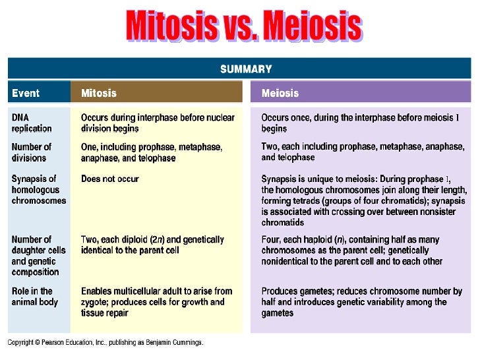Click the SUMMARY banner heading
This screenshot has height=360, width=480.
click(245, 69)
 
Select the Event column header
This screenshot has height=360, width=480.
click(26, 93)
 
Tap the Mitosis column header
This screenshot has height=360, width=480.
click(98, 93)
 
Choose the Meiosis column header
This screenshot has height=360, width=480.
click(280, 93)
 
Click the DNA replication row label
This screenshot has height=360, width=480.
click(32, 123)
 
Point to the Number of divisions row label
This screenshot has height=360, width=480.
click(31, 152)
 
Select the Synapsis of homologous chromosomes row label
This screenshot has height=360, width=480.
click(38, 189)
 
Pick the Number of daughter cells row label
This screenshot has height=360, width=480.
click(35, 256)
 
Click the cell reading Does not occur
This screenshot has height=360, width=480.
click(110, 179)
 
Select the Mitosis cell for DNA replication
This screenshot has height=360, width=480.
click(158, 123)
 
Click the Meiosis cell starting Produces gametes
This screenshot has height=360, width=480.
click(361, 302)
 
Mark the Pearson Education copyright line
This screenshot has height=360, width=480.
click(105, 343)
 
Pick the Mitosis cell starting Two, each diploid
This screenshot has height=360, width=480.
click(152, 245)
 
